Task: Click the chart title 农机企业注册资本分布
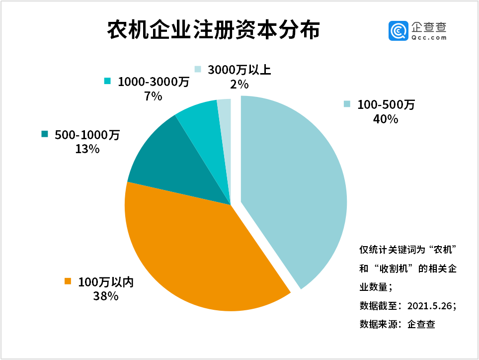(x=213, y=31)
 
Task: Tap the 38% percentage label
(x=105, y=297)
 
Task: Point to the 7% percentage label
(x=153, y=96)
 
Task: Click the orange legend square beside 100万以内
(x=68, y=282)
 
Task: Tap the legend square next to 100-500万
(x=347, y=104)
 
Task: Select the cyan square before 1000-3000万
(x=107, y=81)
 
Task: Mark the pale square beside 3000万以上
(x=198, y=70)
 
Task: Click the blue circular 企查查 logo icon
(x=399, y=31)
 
